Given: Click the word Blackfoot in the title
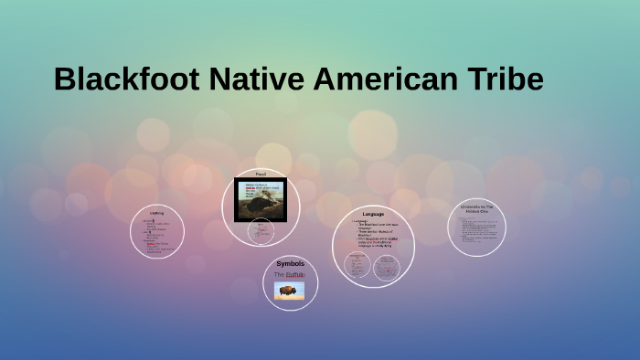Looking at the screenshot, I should pyautogui.click(x=126, y=79).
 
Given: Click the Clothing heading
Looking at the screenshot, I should pyautogui.click(x=157, y=213).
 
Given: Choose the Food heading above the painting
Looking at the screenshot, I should pyautogui.click(x=261, y=174).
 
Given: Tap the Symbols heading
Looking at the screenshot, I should pyautogui.click(x=290, y=264).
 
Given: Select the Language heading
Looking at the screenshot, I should pyautogui.click(x=373, y=214).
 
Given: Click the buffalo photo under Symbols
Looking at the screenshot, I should pyautogui.click(x=290, y=290).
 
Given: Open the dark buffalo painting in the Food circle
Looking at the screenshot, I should pyautogui.click(x=261, y=199).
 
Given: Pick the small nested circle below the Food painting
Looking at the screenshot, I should pyautogui.click(x=261, y=232).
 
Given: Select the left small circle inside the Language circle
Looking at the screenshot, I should pyautogui.click(x=357, y=265).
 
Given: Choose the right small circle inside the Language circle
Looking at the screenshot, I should pyautogui.click(x=387, y=267).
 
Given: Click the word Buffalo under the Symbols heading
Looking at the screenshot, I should pyautogui.click(x=294, y=274).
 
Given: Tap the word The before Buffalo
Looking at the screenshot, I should pyautogui.click(x=280, y=274).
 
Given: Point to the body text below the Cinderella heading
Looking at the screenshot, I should pyautogui.click(x=476, y=228).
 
